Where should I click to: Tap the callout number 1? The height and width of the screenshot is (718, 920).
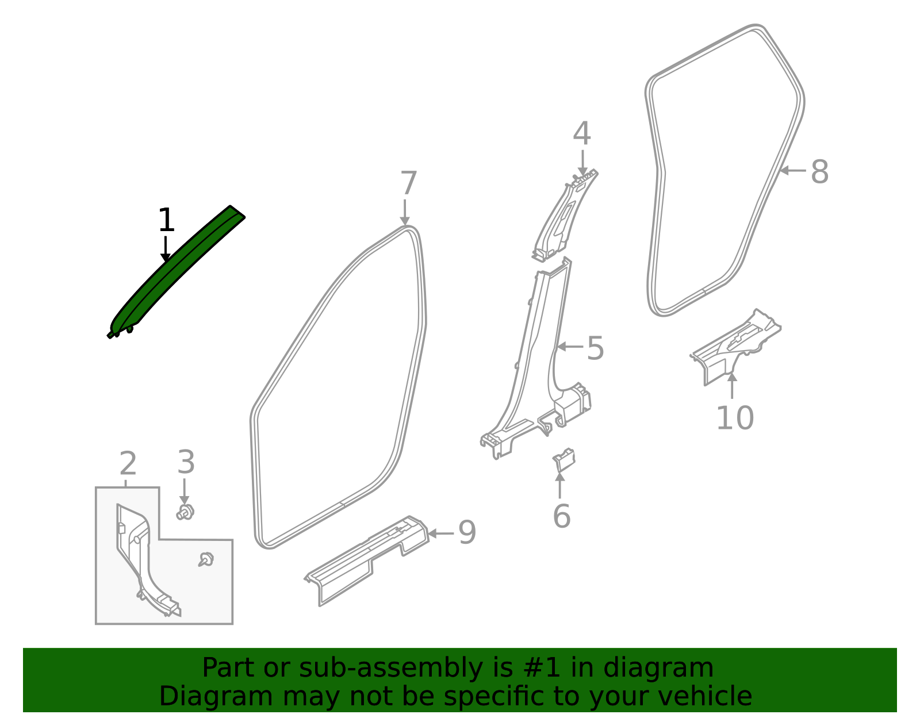click(166, 221)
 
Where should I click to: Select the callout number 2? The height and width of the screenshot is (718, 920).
click(128, 464)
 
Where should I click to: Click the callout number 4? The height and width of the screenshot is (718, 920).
click(582, 135)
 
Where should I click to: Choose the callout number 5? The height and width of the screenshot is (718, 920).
click(595, 349)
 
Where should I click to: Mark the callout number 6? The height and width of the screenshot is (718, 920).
click(561, 516)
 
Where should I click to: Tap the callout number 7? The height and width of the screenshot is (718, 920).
click(408, 184)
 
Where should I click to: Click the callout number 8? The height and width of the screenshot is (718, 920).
click(819, 172)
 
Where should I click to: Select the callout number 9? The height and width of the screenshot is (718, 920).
click(467, 533)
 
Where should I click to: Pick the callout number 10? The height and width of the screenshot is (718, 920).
click(734, 418)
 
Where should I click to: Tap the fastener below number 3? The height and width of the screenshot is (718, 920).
click(185, 512)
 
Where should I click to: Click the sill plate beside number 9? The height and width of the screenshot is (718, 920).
click(368, 560)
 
